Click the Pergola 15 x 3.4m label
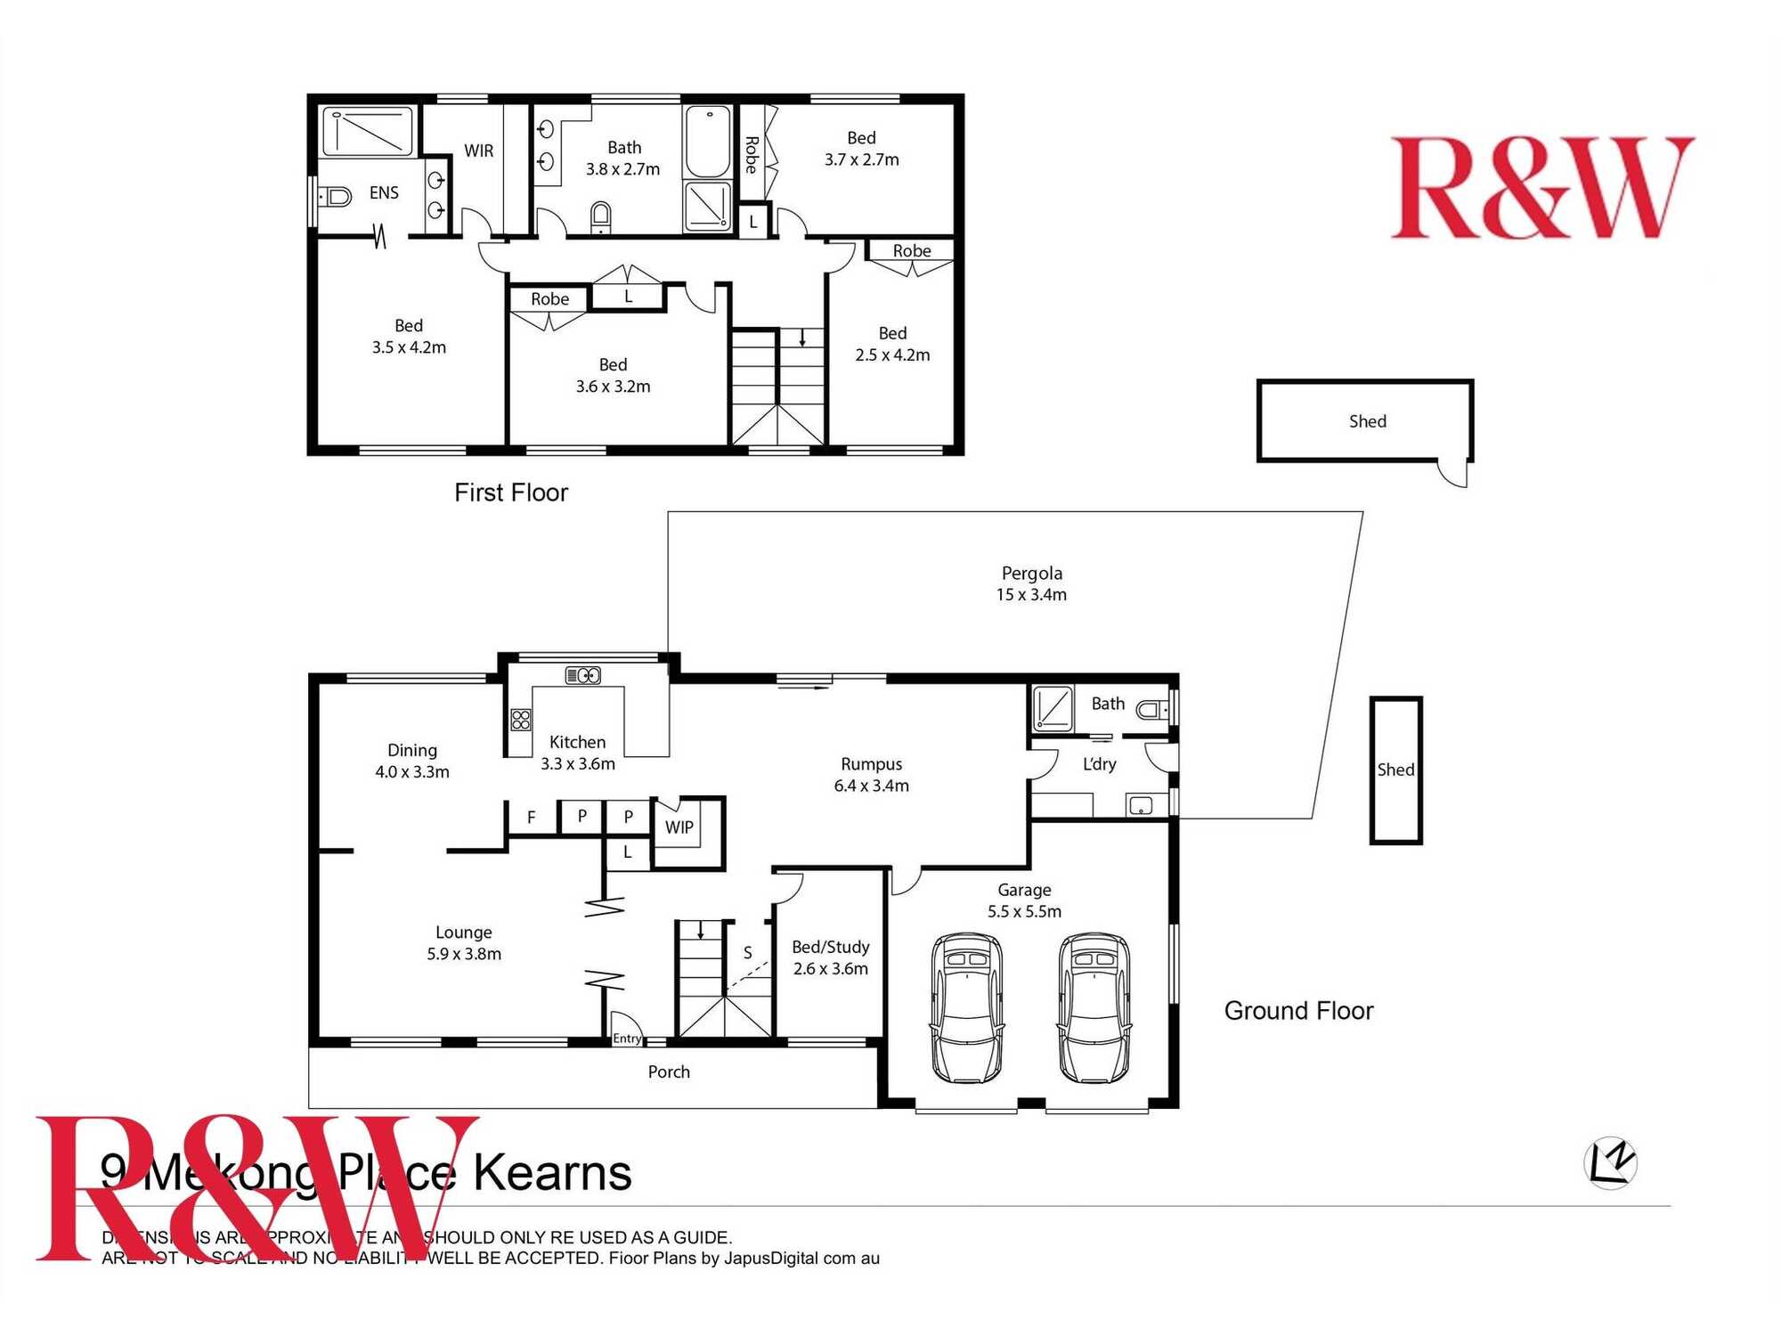click(1031, 584)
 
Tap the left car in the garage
click(966, 1007)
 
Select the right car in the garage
click(1094, 1007)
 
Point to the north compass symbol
click(1611, 1162)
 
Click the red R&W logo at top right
click(1541, 188)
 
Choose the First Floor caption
click(510, 493)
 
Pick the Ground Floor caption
click(1298, 1011)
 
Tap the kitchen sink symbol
click(583, 676)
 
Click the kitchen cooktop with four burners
click(521, 720)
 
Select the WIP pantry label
click(679, 827)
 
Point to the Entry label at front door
click(627, 1039)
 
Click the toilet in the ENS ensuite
click(336, 195)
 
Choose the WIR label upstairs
click(478, 151)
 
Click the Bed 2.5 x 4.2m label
click(892, 344)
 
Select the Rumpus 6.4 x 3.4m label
click(871, 775)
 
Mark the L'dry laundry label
click(1099, 764)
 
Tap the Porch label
click(669, 1072)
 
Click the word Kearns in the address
click(552, 1174)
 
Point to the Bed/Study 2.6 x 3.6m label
click(830, 958)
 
